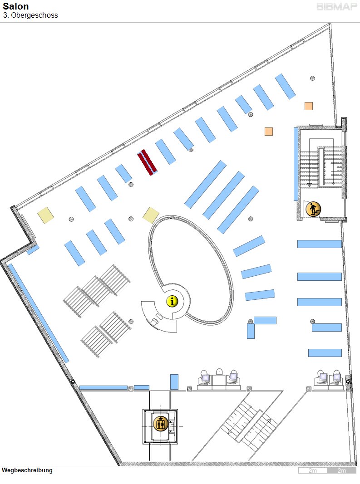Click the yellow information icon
[x=172, y=301]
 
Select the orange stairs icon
[x=313, y=209]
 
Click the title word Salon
[x=15, y=6]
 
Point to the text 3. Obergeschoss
[x=30, y=15]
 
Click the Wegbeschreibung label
[x=27, y=470]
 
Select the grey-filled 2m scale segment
[x=341, y=470]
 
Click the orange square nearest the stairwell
[x=269, y=132]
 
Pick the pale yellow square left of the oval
[x=151, y=215]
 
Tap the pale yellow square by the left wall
[x=45, y=214]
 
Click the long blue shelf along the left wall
[x=39, y=313]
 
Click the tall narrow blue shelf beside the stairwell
[x=296, y=164]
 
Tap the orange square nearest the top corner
[x=309, y=106]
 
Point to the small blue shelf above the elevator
[x=174, y=381]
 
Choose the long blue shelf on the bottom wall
[x=104, y=388]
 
